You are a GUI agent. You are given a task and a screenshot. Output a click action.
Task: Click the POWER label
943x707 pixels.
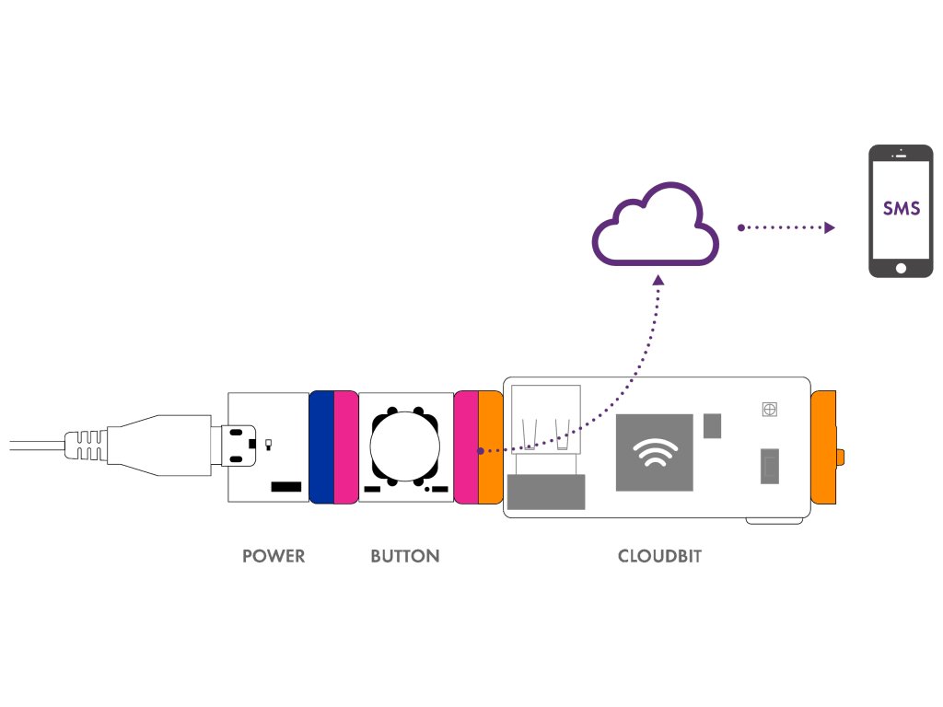273,556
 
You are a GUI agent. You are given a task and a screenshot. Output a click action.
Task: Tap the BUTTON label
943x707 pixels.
404,556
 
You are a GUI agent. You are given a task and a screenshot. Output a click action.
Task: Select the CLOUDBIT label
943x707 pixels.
659,556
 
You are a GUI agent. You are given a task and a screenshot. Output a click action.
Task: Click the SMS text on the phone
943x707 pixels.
901,208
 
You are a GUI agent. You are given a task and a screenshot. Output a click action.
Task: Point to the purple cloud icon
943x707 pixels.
655,225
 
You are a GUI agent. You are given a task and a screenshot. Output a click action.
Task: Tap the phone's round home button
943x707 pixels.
901,268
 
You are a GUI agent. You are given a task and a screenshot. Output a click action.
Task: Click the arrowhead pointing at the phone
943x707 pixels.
829,227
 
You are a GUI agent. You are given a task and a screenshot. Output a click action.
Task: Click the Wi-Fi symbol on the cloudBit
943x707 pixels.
654,451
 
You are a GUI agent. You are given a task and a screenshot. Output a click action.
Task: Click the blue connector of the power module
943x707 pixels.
321,447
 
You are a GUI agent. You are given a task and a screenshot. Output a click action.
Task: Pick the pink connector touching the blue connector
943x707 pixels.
345,447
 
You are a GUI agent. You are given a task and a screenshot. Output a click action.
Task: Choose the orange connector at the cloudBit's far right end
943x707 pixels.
824,447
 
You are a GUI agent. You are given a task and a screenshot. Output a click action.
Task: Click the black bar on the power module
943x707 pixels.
286,485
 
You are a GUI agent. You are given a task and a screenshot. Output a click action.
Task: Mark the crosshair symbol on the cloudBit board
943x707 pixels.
769,409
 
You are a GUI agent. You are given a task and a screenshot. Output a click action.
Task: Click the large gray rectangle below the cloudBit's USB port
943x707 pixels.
546,492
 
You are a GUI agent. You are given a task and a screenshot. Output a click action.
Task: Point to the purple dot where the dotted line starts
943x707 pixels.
480,451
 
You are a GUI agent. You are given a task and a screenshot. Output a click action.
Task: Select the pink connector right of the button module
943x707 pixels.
467,447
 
